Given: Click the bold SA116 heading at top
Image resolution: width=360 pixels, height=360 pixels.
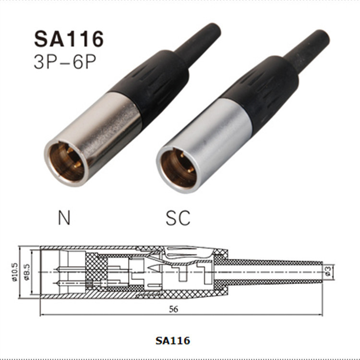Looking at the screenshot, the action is tap(69, 39).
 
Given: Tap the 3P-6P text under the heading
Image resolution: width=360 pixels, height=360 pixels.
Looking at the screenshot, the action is tap(65, 61).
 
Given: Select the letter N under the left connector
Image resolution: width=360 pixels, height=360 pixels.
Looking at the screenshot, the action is tap(64, 217).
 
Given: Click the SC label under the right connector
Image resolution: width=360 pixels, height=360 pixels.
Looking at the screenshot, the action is tap(178, 217).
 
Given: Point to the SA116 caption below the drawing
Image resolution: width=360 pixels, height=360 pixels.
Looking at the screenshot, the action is tap(173, 340).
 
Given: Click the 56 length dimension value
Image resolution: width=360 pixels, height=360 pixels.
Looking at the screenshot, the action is tap(173, 309).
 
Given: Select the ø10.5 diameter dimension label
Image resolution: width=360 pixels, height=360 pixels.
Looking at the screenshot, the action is tap(15, 272).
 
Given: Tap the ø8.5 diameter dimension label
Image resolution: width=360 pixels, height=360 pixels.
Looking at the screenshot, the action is tap(27, 272).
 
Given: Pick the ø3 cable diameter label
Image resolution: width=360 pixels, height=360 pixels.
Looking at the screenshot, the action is tap(328, 270).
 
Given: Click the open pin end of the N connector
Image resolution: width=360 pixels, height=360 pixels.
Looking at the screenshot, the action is tap(67, 163).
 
